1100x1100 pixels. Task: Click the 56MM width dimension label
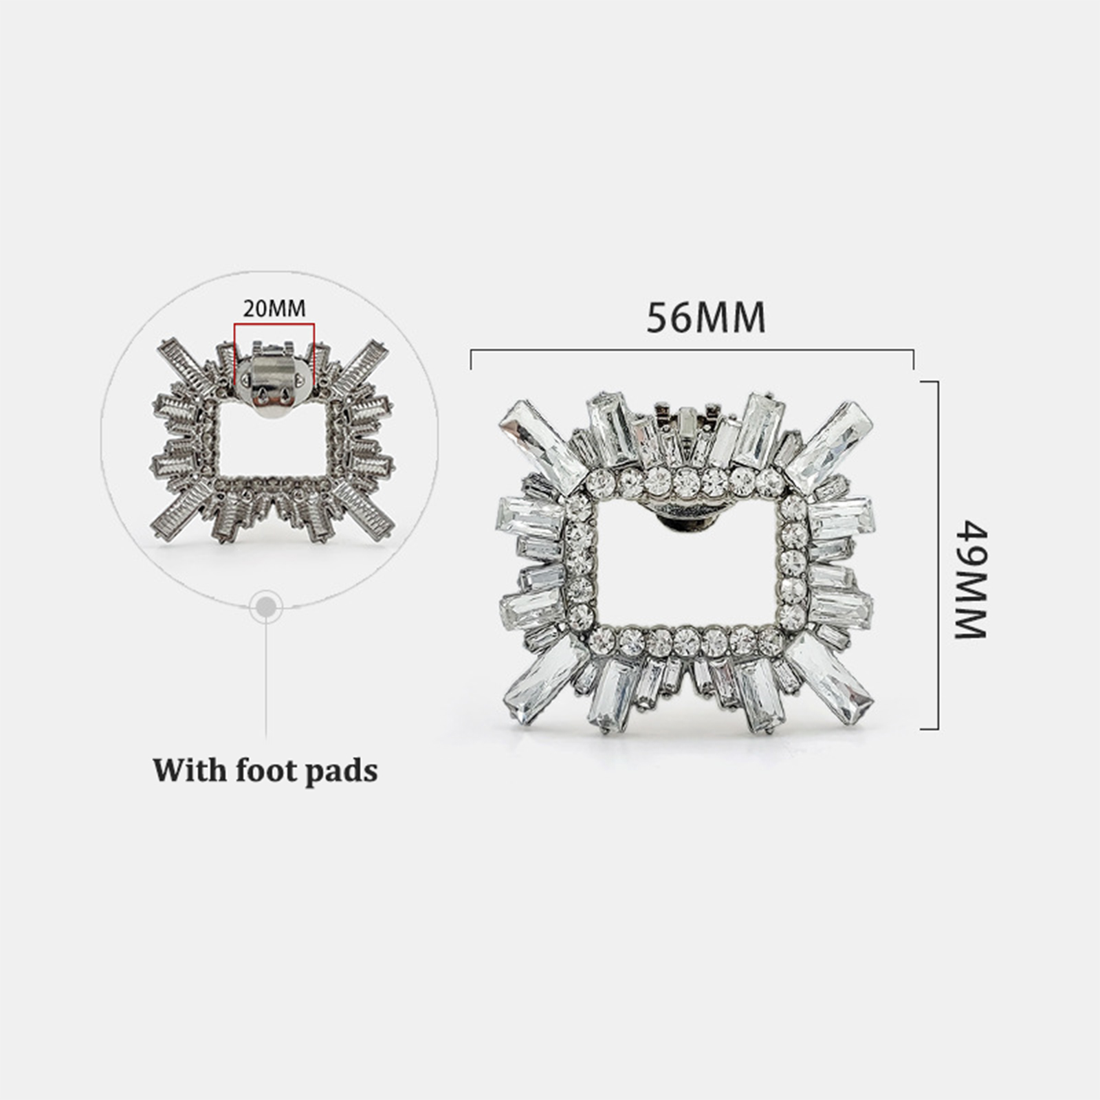point(705,318)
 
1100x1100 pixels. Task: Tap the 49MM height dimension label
point(971,580)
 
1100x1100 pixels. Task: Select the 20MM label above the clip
point(274,309)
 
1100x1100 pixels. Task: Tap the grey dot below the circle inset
point(266,607)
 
